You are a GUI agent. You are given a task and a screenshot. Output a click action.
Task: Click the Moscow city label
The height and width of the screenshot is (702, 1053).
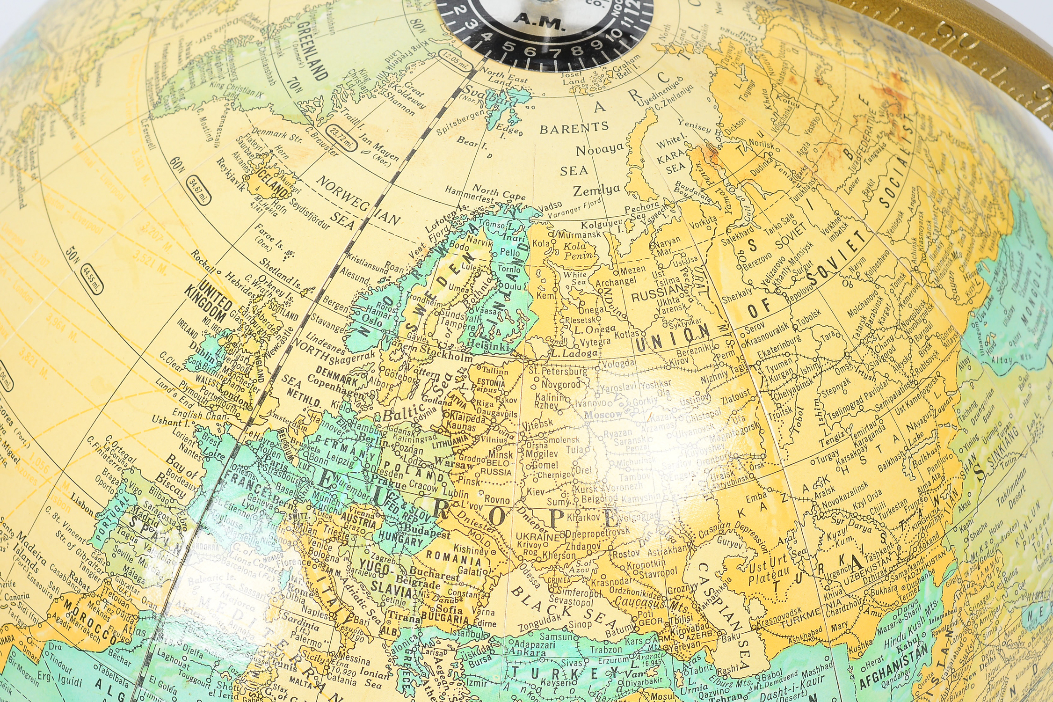coord(603,414)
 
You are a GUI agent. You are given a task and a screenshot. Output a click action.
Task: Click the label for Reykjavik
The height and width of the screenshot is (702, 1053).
coord(230,174)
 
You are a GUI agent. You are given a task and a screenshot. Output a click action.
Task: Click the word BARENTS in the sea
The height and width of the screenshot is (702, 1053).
coord(574,128)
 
